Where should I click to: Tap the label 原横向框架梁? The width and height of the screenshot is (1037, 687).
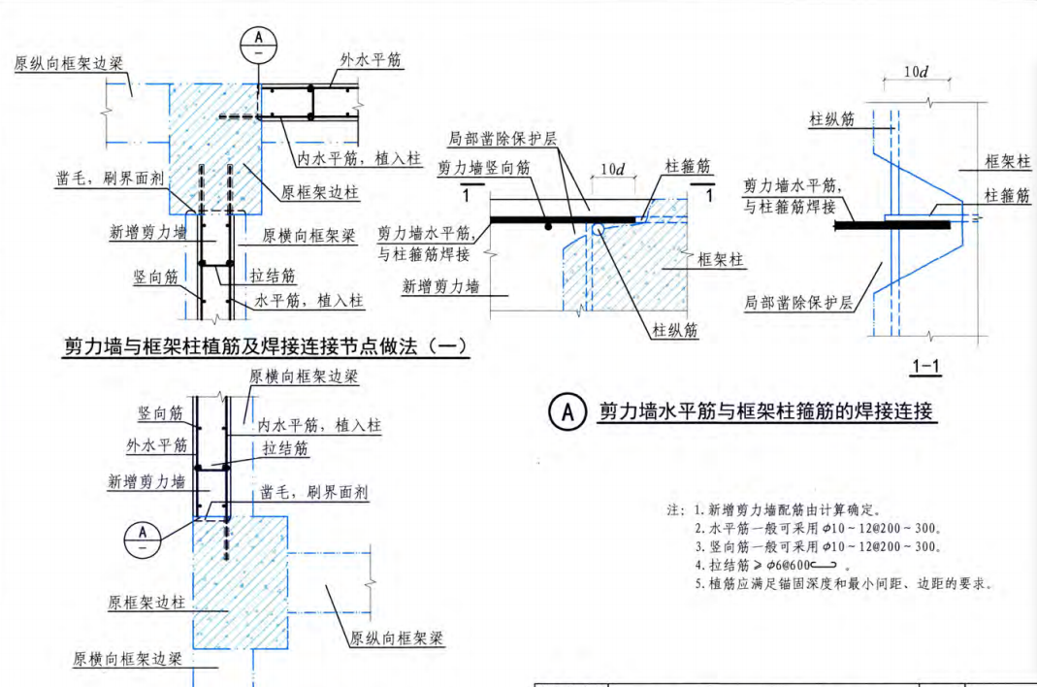coord(309,236)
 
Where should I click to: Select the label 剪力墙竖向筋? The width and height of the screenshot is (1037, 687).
coord(484,168)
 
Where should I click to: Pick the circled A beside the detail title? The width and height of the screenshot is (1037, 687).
coord(567,412)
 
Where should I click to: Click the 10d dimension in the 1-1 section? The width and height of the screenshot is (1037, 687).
coord(917,74)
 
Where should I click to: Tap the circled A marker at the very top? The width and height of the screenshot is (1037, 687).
coord(258,40)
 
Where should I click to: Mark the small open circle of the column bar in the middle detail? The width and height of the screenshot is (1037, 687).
coord(600,229)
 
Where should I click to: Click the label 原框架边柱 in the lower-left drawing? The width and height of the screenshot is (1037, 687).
coord(146,603)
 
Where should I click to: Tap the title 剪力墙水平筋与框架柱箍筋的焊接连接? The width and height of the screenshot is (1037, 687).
coord(765,412)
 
